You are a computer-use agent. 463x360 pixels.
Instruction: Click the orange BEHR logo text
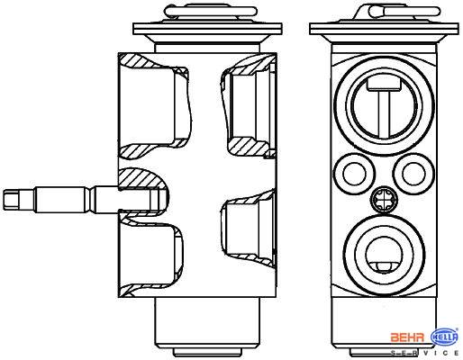tap(407, 337)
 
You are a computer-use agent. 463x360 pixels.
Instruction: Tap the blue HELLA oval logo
tap(445, 337)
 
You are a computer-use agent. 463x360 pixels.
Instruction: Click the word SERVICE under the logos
tap(424, 353)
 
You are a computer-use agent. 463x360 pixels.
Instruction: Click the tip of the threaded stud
tap(4, 199)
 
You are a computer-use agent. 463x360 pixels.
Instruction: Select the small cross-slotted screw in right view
tap(384, 199)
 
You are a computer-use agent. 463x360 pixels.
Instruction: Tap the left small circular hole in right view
tap(354, 174)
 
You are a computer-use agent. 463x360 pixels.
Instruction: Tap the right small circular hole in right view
tap(413, 174)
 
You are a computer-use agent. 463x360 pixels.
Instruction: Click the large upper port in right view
tap(384, 105)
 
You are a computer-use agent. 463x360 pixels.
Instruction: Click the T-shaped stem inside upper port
tap(384, 105)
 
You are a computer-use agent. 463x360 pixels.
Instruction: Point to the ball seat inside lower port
tap(384, 266)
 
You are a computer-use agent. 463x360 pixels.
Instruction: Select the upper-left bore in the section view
tap(155, 106)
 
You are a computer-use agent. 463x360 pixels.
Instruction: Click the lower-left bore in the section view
tap(151, 255)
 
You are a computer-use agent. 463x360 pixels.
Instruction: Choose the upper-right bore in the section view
tap(250, 105)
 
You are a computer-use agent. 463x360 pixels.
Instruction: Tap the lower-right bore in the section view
tap(249, 229)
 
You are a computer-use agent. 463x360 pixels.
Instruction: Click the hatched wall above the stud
tap(141, 179)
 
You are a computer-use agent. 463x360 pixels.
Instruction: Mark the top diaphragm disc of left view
tap(207, 30)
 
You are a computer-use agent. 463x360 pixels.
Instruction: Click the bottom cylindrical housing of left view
tap(207, 321)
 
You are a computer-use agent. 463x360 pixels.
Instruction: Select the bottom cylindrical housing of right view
tap(384, 321)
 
